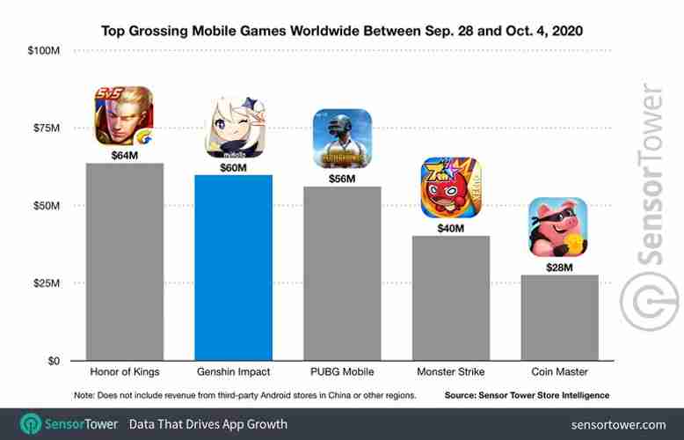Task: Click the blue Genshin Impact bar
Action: (233, 268)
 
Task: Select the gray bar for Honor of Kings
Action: (124, 261)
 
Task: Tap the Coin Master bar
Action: (560, 318)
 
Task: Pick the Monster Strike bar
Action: (451, 298)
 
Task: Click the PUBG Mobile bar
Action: (342, 274)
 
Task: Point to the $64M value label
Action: (124, 155)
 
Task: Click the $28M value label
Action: (560, 267)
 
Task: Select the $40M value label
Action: (451, 228)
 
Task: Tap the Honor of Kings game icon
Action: (124, 116)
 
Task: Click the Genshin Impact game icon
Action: (233, 129)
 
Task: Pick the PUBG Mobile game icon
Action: (342, 138)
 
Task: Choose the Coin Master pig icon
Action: (557, 227)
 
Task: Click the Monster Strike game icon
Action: (451, 187)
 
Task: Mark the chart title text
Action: (342, 31)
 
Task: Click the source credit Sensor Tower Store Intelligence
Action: (527, 395)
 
